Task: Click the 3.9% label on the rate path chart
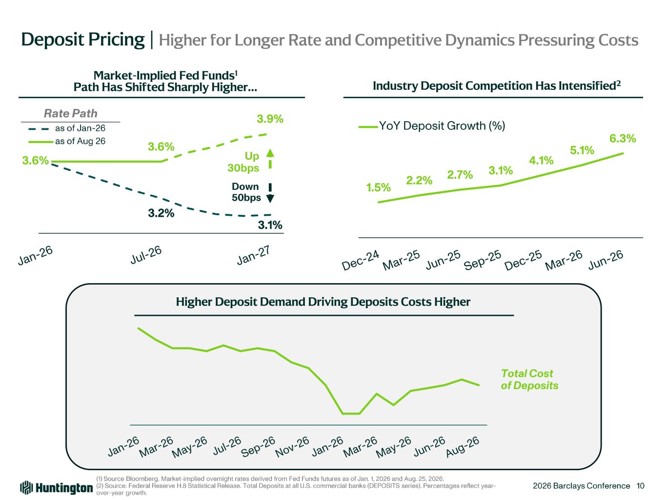[x=270, y=119]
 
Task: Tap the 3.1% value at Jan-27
[x=270, y=225]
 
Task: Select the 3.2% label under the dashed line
[x=161, y=213]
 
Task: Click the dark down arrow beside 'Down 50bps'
[x=270, y=193]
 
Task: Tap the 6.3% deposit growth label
[x=623, y=139]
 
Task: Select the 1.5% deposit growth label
[x=378, y=187]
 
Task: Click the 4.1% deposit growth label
[x=541, y=160]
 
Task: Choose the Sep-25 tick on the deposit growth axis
[x=483, y=260]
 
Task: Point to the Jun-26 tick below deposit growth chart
[x=605, y=260]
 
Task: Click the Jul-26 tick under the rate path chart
[x=146, y=255]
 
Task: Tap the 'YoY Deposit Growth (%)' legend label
[x=442, y=125]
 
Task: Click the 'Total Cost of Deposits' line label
[x=529, y=379]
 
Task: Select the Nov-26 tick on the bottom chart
[x=292, y=447]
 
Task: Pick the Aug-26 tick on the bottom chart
[x=463, y=447]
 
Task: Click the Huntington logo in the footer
[x=57, y=488]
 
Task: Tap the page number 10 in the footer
[x=640, y=486]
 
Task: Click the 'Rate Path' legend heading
[x=71, y=113]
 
